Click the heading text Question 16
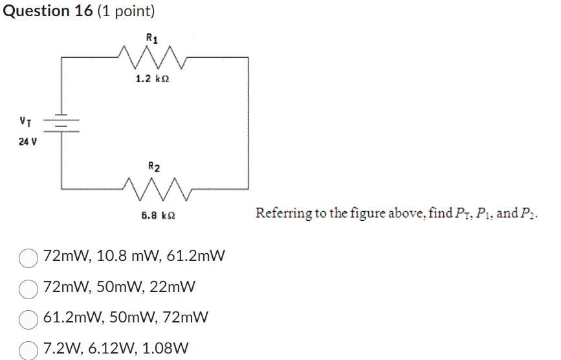pyautogui.click(x=46, y=11)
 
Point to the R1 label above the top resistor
pyautogui.click(x=151, y=38)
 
